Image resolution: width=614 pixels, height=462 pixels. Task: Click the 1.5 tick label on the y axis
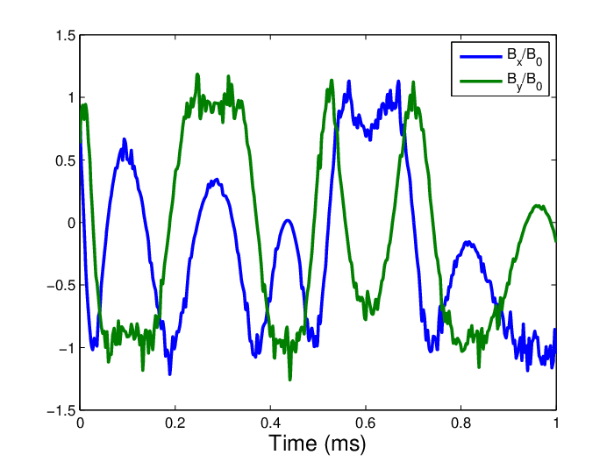tap(66, 36)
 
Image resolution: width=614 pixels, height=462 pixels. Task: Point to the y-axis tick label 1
tap(71, 98)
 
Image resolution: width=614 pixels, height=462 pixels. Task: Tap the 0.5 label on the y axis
tap(66, 160)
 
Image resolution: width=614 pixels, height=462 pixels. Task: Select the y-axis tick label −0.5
tap(61, 286)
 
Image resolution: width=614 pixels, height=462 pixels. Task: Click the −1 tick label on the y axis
tap(67, 348)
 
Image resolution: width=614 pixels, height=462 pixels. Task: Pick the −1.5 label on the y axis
tap(61, 411)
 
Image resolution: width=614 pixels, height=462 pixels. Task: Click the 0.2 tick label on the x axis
tap(175, 423)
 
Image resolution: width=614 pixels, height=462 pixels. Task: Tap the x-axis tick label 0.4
tap(270, 423)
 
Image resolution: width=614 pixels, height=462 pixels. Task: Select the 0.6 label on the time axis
tap(366, 423)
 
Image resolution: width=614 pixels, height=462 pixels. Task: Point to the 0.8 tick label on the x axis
tap(460, 423)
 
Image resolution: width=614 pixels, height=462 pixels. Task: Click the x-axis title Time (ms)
tap(318, 444)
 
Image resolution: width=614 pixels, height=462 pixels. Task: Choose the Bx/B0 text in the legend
tap(525, 57)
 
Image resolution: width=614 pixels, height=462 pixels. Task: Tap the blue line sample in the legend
tap(481, 57)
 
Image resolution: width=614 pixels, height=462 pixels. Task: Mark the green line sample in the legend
tap(481, 82)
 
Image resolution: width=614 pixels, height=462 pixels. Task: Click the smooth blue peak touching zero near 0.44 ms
tap(288, 221)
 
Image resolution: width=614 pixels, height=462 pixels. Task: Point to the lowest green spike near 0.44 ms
tap(289, 378)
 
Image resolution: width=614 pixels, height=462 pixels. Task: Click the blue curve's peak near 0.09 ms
tap(125, 140)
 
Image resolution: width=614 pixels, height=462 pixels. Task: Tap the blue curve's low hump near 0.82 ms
tap(468, 243)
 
